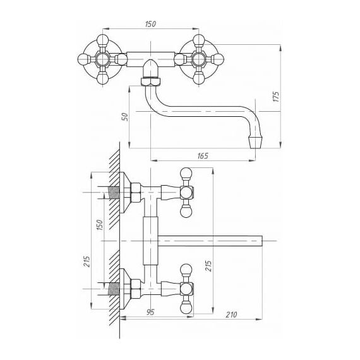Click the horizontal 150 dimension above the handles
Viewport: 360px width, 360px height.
[x=150, y=23]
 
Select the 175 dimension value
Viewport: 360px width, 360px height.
[x=276, y=97]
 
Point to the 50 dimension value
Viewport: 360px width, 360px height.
[x=124, y=117]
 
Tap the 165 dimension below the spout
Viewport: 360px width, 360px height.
[x=203, y=156]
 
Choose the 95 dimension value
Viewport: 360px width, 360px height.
[x=150, y=312]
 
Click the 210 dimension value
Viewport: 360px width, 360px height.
[x=231, y=315]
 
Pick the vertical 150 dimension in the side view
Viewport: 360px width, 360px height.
[x=99, y=225]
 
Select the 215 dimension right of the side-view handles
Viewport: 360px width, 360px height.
[x=208, y=266]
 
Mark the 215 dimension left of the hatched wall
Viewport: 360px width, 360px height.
[x=87, y=261]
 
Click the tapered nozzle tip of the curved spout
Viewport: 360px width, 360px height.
[x=256, y=143]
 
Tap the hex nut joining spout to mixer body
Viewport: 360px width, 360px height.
[x=150, y=81]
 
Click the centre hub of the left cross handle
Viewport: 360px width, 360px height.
[x=102, y=59]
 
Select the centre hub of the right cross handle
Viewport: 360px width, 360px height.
[x=198, y=59]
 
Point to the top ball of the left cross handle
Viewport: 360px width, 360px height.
[x=102, y=39]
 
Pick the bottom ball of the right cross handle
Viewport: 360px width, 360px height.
[x=198, y=78]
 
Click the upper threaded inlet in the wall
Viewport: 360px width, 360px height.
[x=114, y=193]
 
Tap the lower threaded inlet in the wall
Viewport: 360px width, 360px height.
[x=114, y=289]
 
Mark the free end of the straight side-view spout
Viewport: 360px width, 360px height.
[x=262, y=241]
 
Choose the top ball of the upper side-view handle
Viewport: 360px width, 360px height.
[x=186, y=173]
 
